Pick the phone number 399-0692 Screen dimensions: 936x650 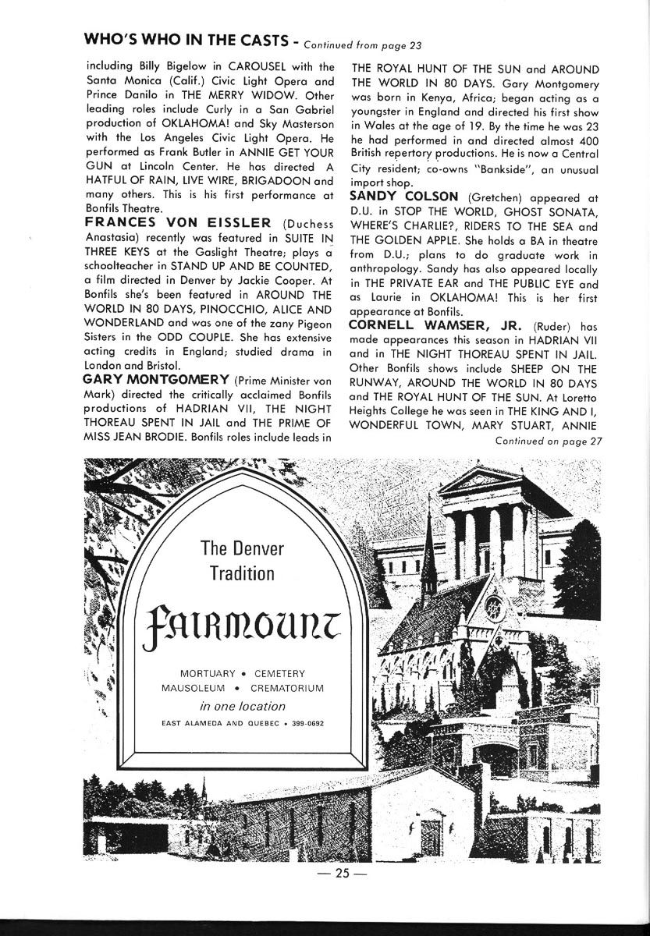pyautogui.click(x=308, y=724)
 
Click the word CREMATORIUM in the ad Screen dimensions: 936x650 pyautogui.click(x=286, y=689)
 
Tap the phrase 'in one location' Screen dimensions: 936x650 pyautogui.click(x=243, y=707)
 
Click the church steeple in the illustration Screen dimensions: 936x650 pyautogui.click(x=428, y=554)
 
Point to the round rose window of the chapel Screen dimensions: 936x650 pyautogui.click(x=493, y=605)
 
